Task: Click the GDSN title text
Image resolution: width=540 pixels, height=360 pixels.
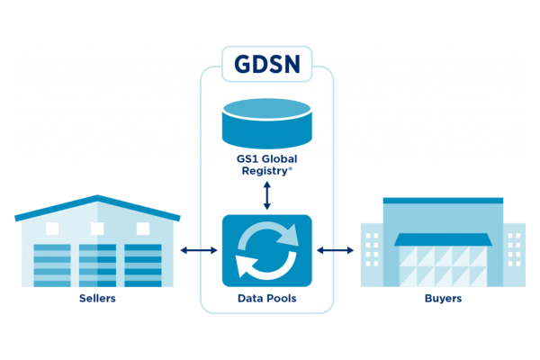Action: pyautogui.click(x=267, y=66)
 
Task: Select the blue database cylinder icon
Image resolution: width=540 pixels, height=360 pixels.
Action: pyautogui.click(x=266, y=123)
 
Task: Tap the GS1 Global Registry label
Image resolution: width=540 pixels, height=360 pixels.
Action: pyautogui.click(x=266, y=166)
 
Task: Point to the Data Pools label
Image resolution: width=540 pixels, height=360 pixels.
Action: pyautogui.click(x=266, y=298)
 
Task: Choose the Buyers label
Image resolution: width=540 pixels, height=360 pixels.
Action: pyautogui.click(x=443, y=298)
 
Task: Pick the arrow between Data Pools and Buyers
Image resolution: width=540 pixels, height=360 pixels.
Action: pyautogui.click(x=334, y=250)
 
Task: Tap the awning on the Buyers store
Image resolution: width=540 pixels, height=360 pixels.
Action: pyautogui.click(x=443, y=239)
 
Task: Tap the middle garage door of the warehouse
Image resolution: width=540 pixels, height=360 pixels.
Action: pyautogui.click(x=97, y=265)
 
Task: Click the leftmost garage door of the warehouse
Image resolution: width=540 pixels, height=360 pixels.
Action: pyautogui.click(x=51, y=265)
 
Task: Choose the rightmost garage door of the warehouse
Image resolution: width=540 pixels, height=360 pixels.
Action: pyautogui.click(x=143, y=265)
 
